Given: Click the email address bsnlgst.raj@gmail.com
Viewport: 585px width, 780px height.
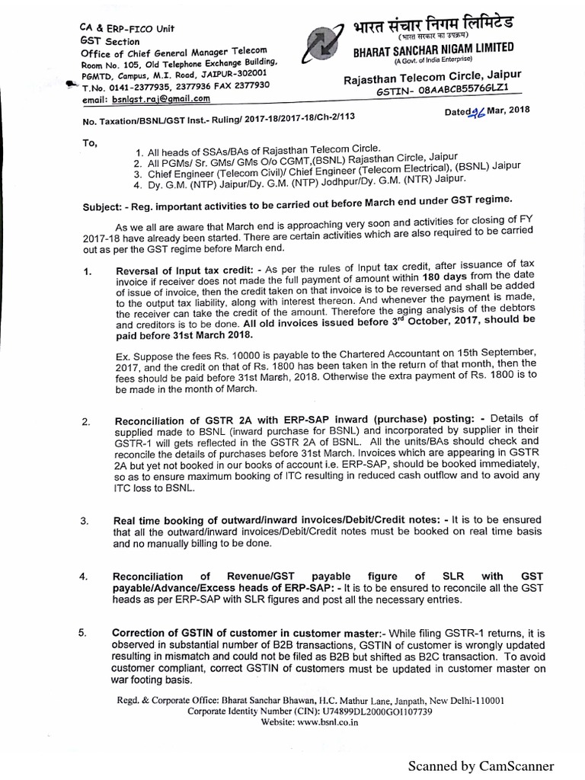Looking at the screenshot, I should [146, 99].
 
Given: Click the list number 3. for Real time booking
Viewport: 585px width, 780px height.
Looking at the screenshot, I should [85, 521].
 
